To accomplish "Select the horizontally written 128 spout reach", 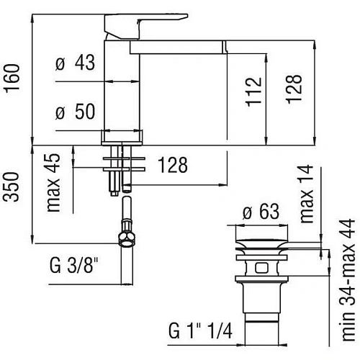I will [173, 165].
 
